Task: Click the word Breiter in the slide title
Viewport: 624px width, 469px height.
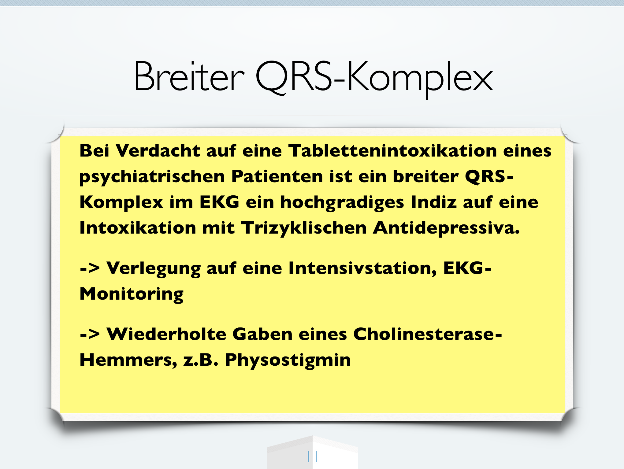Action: click(189, 76)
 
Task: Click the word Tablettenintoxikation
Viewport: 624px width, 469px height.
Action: click(392, 151)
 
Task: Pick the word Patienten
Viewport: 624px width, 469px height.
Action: click(277, 177)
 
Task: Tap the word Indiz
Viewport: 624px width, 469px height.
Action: click(433, 202)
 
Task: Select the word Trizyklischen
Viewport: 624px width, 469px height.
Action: click(304, 228)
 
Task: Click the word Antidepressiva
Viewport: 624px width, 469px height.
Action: click(446, 228)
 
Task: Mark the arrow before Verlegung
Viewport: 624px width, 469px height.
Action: click(90, 268)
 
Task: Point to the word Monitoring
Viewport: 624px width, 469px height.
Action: click(132, 294)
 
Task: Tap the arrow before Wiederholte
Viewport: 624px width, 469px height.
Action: click(90, 334)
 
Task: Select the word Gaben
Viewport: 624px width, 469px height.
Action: click(262, 334)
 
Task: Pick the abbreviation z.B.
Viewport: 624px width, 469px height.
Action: click(201, 360)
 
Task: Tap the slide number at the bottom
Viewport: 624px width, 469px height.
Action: click(313, 456)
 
